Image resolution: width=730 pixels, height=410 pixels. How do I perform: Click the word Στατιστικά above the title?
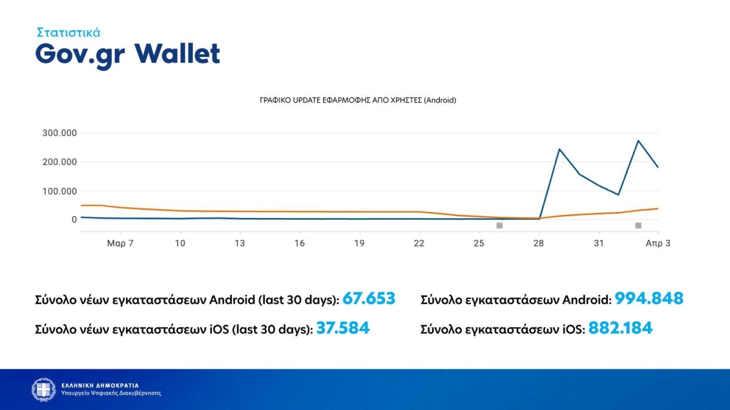68,32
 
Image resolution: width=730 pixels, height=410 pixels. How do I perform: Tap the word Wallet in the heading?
177,53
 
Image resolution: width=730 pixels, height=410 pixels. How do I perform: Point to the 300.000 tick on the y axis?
60,133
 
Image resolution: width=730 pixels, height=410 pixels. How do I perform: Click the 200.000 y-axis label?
60,162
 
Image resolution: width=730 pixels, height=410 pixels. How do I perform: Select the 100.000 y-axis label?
60,191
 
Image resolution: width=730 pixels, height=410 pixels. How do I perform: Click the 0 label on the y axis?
74,220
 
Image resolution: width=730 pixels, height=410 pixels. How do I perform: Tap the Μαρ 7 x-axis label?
120,244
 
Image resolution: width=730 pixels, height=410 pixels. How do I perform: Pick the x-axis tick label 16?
299,244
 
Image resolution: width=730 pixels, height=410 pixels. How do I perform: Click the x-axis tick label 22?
419,244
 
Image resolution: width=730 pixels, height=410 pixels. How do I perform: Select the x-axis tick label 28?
539,244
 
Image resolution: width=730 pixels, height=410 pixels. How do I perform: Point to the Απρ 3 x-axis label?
658,244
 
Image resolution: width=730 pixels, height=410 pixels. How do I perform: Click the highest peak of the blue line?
638,140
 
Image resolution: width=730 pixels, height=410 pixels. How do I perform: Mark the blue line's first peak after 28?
559,149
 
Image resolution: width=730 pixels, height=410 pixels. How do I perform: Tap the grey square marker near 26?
499,225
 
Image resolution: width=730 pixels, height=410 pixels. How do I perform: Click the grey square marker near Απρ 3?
638,225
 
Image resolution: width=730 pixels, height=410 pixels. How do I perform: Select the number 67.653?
369,298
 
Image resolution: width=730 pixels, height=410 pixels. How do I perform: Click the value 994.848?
649,298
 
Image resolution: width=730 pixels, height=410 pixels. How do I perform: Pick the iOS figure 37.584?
343,328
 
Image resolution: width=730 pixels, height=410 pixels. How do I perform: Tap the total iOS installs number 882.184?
620,328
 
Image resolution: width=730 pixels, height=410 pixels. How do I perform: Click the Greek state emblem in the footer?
44,389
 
